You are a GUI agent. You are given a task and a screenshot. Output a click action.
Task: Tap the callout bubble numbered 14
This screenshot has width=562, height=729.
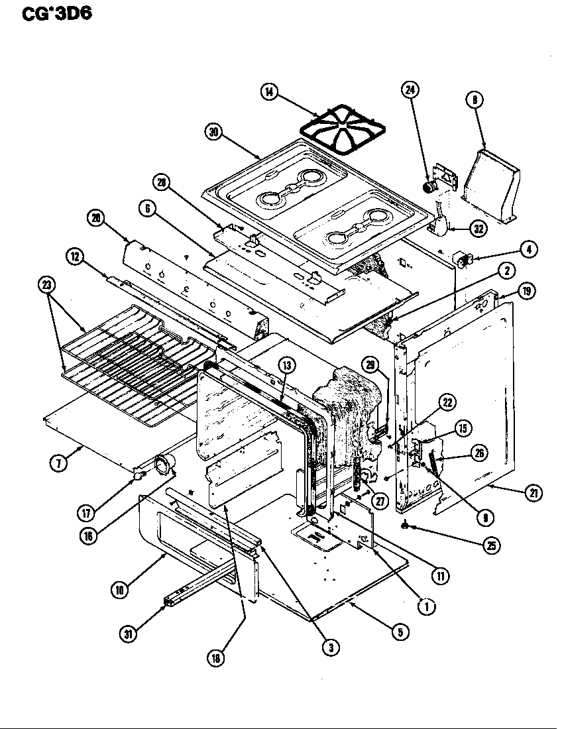tap(268, 92)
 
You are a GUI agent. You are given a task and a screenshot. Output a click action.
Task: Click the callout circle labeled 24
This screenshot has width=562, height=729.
tap(411, 91)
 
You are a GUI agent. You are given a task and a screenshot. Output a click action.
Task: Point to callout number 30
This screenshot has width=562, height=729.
tap(213, 132)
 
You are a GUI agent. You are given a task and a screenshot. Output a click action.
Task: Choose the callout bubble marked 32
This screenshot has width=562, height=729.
tap(477, 228)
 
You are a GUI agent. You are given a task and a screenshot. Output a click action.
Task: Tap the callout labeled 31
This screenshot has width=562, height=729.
tap(127, 633)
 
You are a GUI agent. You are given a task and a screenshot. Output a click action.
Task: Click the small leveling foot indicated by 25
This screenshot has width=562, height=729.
tap(404, 527)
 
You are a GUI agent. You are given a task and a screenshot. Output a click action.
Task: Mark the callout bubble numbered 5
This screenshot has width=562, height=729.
tap(399, 632)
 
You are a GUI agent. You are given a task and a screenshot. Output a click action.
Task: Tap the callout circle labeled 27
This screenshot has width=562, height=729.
tap(380, 501)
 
